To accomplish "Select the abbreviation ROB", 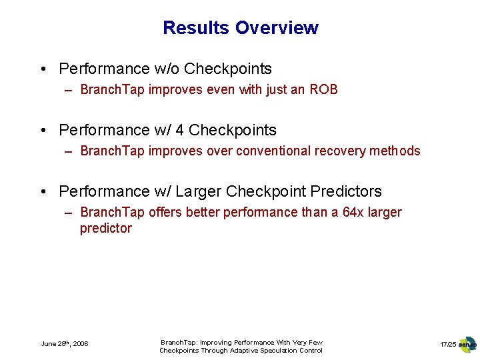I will click(x=323, y=89).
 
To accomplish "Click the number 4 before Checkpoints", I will click(x=179, y=130).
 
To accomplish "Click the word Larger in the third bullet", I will click(x=197, y=191).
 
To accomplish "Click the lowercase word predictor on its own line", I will click(x=106, y=228).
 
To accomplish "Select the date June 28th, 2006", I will click(x=65, y=343).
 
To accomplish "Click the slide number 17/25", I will click(x=448, y=344).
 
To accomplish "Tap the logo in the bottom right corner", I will click(x=467, y=344).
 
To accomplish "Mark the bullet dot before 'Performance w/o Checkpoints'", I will click(x=43, y=69).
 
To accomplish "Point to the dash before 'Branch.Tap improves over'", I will click(x=69, y=151).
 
